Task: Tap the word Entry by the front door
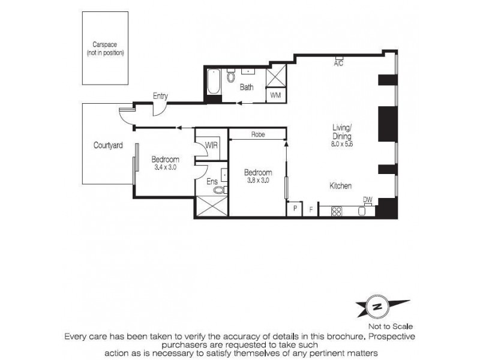pyautogui.click(x=160, y=96)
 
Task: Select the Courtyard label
pyautogui.click(x=108, y=145)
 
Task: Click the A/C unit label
pyautogui.click(x=338, y=64)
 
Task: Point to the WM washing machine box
pyautogui.click(x=275, y=95)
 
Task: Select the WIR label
pyautogui.click(x=211, y=145)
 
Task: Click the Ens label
pyautogui.click(x=212, y=181)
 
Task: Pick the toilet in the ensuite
pyautogui.click(x=219, y=190)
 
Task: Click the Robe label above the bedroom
pyautogui.click(x=258, y=135)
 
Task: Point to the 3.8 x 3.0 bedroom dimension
pyautogui.click(x=258, y=179)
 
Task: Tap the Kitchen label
pyautogui.click(x=340, y=186)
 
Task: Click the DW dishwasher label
pyautogui.click(x=367, y=200)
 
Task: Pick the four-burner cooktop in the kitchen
pyautogui.click(x=336, y=211)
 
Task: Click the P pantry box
pyautogui.click(x=295, y=209)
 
